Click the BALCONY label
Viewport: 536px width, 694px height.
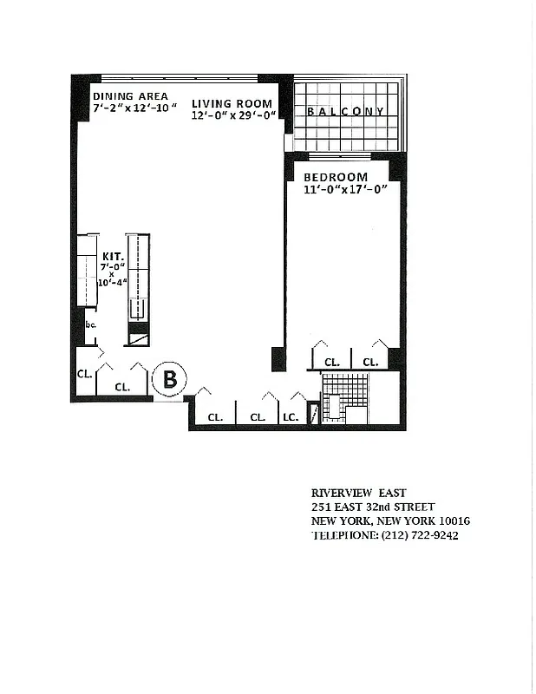(x=345, y=112)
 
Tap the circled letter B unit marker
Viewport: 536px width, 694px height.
(x=170, y=379)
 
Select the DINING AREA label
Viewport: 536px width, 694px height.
(x=130, y=96)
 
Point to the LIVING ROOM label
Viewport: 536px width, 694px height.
(x=232, y=103)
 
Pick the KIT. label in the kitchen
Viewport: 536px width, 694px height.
(x=112, y=257)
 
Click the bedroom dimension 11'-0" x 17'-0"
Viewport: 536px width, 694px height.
(x=344, y=189)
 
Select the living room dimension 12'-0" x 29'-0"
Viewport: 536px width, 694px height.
(x=233, y=115)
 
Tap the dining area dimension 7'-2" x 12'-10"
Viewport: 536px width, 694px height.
(x=134, y=108)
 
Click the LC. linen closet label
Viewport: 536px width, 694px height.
(x=290, y=417)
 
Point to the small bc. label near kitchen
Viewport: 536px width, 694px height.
(x=90, y=324)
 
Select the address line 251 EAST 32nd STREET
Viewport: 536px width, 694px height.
(x=373, y=507)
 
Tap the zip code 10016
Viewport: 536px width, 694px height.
(x=454, y=521)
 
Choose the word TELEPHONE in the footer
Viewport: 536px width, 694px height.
(x=344, y=535)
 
